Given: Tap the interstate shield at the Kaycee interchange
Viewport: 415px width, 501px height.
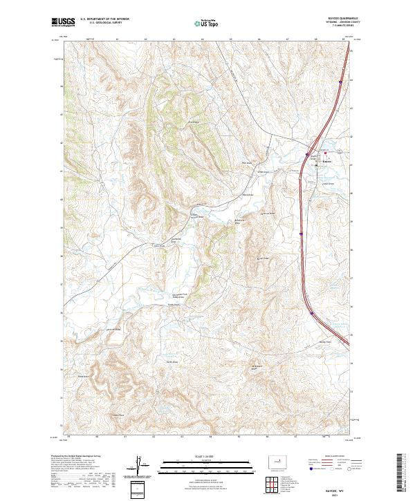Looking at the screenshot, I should tap(308, 154).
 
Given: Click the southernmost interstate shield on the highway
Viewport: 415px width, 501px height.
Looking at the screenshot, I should tap(311, 313).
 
